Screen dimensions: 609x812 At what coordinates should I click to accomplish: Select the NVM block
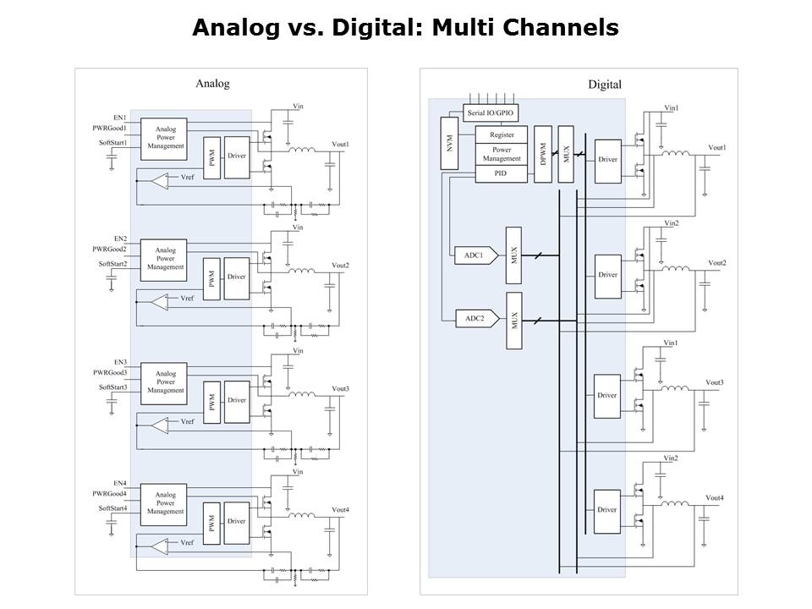[450, 144]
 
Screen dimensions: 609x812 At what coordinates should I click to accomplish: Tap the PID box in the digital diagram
[502, 173]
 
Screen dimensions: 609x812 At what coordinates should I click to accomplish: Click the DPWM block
[543, 154]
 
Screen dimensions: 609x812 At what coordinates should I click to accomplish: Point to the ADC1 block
[473, 255]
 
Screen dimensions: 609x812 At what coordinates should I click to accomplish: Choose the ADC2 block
[473, 319]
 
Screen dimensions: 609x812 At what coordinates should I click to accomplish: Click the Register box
[502, 134]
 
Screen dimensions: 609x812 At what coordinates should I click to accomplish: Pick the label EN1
[120, 117]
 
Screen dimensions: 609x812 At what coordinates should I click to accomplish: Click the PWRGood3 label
[110, 373]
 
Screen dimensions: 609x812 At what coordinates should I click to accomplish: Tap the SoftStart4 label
[112, 508]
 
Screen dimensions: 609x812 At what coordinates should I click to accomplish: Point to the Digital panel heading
[605, 84]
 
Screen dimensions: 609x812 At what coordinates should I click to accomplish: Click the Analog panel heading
[212, 84]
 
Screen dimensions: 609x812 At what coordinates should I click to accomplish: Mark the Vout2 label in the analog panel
[341, 266]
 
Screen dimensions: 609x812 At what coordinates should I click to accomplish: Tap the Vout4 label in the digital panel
[715, 497]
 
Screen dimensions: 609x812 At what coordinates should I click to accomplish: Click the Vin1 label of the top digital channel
[672, 107]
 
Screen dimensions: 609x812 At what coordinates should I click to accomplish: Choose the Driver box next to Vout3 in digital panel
[607, 395]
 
